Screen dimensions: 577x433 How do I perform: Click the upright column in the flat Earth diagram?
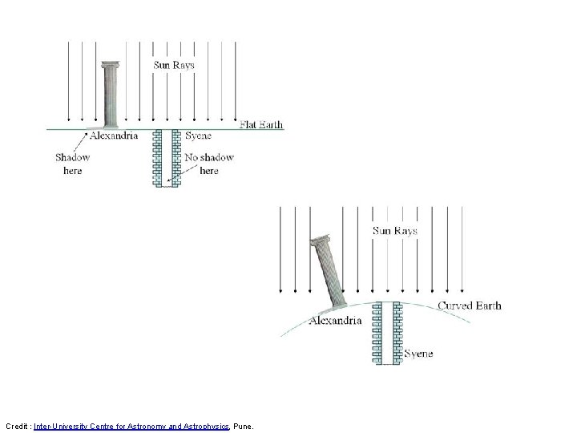[110, 95]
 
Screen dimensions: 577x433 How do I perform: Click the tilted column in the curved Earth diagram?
[329, 272]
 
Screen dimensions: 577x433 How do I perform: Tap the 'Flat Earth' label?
[261, 124]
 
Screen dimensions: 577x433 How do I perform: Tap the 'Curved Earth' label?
[470, 306]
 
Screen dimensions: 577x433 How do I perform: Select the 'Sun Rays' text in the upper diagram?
[174, 65]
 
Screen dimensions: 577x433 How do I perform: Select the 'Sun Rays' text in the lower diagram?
[395, 231]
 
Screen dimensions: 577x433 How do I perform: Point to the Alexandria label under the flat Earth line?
[114, 136]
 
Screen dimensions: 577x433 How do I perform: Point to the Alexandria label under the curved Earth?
[335, 320]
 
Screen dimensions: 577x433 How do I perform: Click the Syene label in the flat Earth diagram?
[199, 136]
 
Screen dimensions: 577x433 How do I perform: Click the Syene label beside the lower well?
[418, 354]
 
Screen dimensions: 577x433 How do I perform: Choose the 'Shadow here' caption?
[72, 164]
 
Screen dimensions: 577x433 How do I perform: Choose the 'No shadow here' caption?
[209, 164]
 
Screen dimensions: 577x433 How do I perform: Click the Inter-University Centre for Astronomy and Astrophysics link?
[131, 427]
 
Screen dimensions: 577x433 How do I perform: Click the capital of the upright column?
[111, 65]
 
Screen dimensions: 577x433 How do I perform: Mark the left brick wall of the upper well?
[157, 158]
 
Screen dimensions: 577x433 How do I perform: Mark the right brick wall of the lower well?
[397, 333]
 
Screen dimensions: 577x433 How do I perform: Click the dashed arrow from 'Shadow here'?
[81, 143]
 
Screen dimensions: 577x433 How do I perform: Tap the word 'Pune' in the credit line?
[243, 427]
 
